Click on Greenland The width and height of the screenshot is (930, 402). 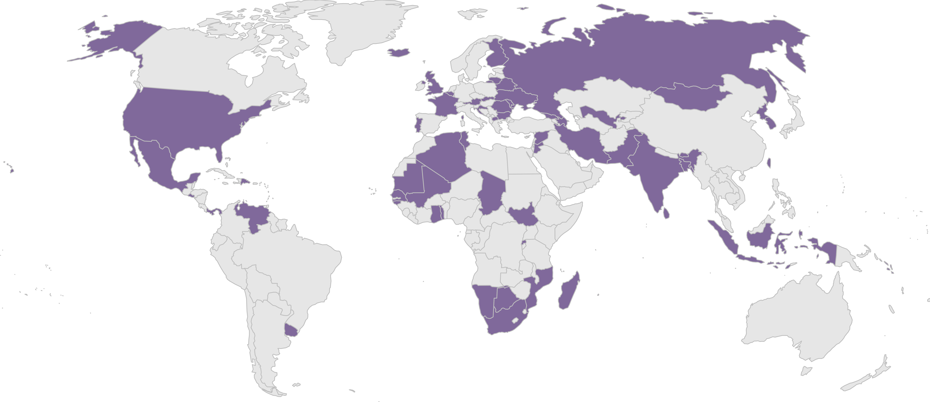coord(361,29)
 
